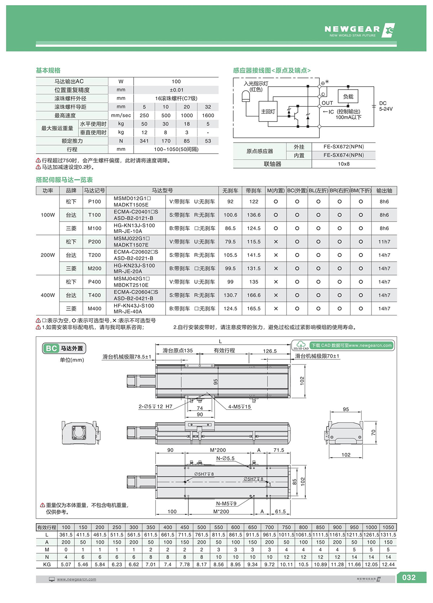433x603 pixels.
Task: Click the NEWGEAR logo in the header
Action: (359, 30)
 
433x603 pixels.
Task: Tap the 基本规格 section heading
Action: (48, 70)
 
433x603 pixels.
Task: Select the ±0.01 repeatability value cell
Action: (176, 90)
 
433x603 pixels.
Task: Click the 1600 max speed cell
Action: (208, 115)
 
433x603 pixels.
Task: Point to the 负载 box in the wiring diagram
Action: (348, 97)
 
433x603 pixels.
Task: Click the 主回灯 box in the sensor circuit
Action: (268, 112)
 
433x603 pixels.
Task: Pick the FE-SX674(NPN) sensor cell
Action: (344, 155)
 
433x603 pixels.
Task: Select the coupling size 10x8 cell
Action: (344, 164)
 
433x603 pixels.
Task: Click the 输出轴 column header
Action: (384, 191)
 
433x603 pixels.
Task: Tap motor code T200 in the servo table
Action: (95, 255)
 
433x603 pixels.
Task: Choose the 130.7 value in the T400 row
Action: (230, 295)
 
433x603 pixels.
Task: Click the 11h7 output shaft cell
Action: (384, 242)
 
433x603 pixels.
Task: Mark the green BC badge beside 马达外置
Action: (51, 348)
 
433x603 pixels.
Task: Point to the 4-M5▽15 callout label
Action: (239, 407)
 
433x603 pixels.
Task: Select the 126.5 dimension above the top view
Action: (270, 351)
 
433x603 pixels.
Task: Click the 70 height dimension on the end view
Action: (373, 432)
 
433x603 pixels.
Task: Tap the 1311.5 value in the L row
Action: (388, 535)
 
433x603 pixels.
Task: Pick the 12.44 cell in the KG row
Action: (388, 564)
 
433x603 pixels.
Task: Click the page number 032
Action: (408, 577)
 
